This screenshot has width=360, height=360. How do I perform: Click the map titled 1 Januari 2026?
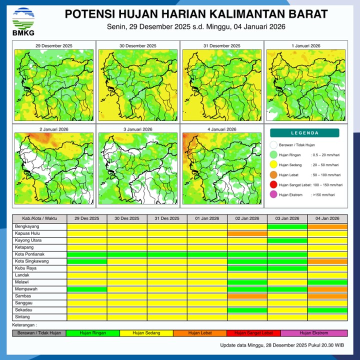click(305, 82)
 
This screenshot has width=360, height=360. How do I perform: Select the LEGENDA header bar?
click(304, 133)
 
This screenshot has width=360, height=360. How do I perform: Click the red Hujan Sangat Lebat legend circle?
click(273, 185)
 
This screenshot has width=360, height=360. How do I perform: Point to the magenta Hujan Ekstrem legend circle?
click(273, 195)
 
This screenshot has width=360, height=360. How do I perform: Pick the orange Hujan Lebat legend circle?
click(273, 175)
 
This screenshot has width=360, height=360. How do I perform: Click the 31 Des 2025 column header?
click(167, 218)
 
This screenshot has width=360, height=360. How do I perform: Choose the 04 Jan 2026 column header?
click(327, 218)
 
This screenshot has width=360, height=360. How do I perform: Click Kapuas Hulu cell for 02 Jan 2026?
click(247, 233)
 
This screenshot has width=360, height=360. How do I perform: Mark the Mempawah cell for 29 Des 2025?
click(87, 289)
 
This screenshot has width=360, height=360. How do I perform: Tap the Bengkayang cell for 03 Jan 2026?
click(287, 226)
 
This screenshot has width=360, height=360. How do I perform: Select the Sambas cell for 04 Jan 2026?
click(327, 296)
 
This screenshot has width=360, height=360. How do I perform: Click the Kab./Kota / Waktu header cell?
click(40, 218)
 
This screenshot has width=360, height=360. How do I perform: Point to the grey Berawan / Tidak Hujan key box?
click(39, 333)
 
